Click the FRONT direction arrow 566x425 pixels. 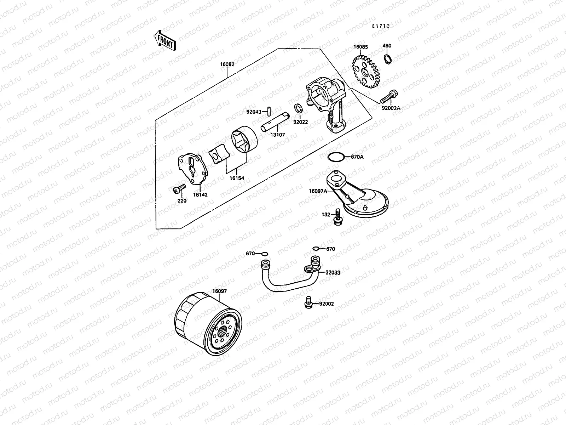[164, 40]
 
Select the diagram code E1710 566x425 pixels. [380, 26]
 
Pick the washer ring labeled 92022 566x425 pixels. [298, 108]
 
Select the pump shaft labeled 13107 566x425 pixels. [275, 122]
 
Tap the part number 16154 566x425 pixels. [236, 178]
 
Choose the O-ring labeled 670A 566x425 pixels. [335, 157]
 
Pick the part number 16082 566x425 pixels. [227, 65]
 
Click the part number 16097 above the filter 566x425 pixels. [219, 291]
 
